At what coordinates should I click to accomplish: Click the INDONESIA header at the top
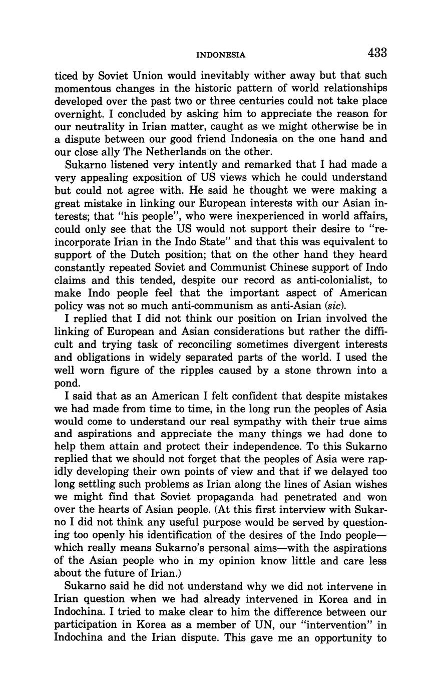(x=220, y=55)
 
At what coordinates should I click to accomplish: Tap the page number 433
(x=377, y=53)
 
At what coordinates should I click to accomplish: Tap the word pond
(x=67, y=383)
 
